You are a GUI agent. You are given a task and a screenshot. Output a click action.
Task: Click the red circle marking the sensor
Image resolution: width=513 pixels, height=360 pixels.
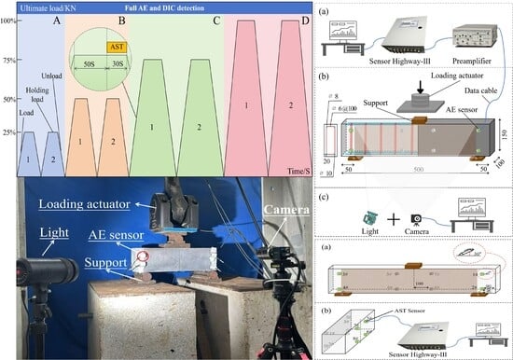point(143,257)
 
